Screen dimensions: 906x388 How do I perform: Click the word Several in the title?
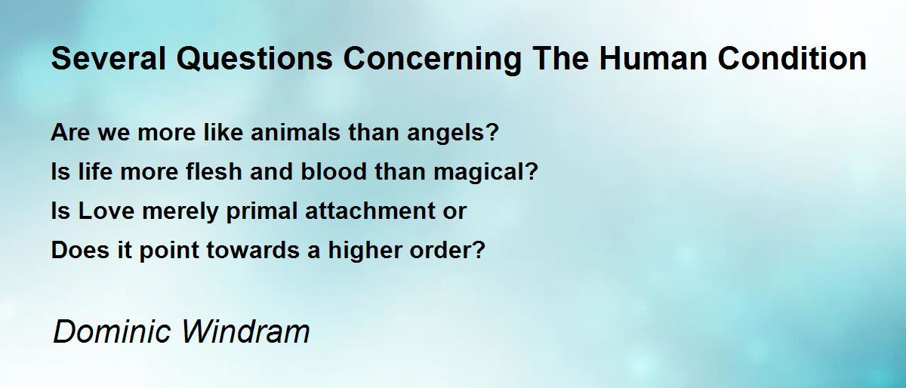point(109,59)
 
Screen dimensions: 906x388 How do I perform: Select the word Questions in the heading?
point(254,60)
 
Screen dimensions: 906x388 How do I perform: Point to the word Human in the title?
point(653,59)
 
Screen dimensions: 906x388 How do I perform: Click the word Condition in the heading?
point(792,59)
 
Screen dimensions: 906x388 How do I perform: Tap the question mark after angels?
point(492,132)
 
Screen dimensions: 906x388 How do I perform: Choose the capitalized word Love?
point(106,211)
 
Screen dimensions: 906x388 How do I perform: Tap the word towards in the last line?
point(253,250)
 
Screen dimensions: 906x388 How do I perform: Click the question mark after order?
point(478,250)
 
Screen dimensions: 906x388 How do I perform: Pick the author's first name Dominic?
point(112,331)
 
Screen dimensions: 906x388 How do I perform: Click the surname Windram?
point(245,331)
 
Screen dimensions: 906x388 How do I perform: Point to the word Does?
point(80,250)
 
